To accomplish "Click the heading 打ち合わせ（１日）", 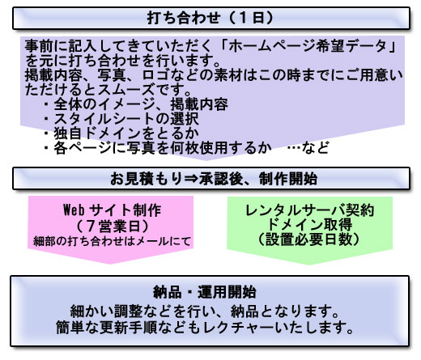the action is pyautogui.click(x=210, y=18).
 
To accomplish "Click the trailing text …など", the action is pyautogui.click(x=308, y=147).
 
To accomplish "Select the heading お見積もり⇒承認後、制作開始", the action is pyautogui.click(x=214, y=179).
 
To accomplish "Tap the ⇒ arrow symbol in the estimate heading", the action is pyautogui.click(x=191, y=179).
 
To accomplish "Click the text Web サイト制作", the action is pyautogui.click(x=112, y=210).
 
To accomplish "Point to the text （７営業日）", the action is pyautogui.click(x=112, y=226).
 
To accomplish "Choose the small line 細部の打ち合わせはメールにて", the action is pyautogui.click(x=112, y=241).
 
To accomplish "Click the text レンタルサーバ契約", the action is pyautogui.click(x=309, y=210).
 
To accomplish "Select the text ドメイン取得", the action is pyautogui.click(x=309, y=224).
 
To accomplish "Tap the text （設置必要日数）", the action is pyautogui.click(x=309, y=239).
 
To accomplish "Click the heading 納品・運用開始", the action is pyautogui.click(x=205, y=292).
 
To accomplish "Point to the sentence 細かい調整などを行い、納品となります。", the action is pyautogui.click(x=205, y=311).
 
